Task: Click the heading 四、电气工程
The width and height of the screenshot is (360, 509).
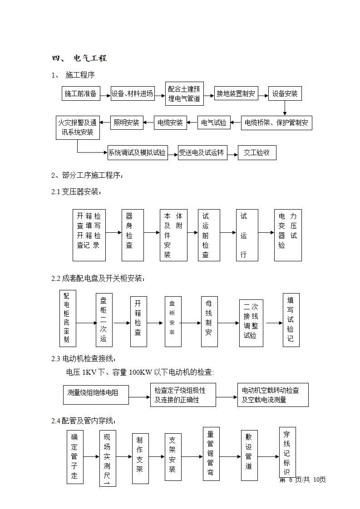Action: click(79, 58)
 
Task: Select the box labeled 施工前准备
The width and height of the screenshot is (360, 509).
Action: click(80, 94)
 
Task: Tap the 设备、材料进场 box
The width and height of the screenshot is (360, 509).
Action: click(132, 94)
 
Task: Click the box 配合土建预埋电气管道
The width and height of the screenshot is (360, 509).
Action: click(184, 94)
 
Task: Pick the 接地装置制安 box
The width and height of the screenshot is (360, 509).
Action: click(236, 94)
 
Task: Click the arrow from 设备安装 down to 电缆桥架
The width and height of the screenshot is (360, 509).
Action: click(285, 108)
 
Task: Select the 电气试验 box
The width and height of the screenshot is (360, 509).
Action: click(213, 122)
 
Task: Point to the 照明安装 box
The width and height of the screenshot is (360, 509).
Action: click(127, 122)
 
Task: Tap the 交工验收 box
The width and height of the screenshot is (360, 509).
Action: click(257, 153)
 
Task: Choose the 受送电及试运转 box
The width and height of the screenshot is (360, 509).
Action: click(201, 153)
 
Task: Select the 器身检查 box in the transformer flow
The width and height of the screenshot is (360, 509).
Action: click(133, 235)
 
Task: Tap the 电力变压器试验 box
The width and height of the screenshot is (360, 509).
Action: click(288, 235)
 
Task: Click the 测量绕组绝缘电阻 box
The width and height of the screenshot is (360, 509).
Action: click(95, 392)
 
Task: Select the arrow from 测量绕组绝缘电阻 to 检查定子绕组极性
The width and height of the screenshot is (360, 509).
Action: click(139, 397)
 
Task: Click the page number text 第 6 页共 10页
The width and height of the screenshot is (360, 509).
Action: click(302, 480)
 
